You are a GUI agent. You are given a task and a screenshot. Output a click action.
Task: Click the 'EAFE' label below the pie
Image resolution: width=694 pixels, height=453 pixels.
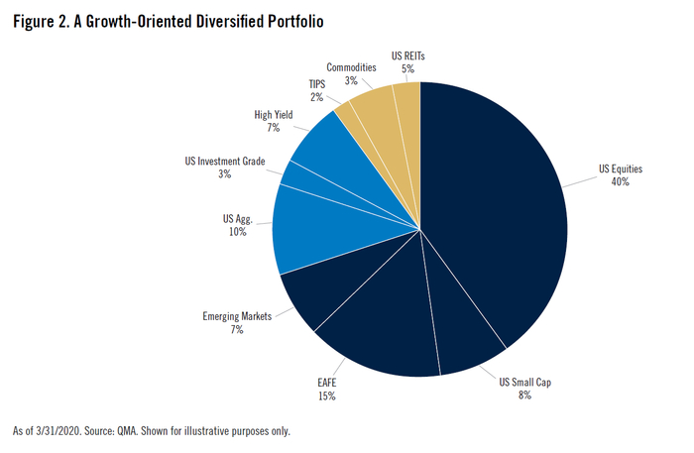pos(327,383)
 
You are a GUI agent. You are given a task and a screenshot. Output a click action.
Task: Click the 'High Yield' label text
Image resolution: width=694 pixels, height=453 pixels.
pos(273,115)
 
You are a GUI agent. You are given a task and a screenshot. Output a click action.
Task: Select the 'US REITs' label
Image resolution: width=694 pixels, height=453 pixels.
pos(407,56)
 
